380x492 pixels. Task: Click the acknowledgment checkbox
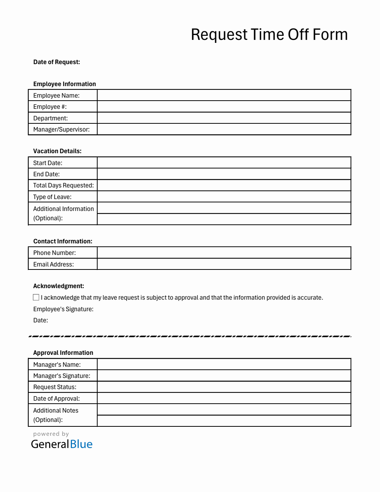(x=36, y=297)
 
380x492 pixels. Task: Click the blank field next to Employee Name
(x=224, y=95)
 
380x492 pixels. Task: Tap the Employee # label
(x=50, y=107)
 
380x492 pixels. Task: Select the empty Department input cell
(x=224, y=118)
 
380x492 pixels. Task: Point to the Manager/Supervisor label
(x=61, y=130)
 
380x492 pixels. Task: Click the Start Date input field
(x=224, y=163)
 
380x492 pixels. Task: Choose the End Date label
(x=46, y=174)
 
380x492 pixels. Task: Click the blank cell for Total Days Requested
(x=224, y=186)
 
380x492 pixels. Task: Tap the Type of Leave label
(x=52, y=197)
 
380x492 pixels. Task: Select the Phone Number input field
(x=224, y=253)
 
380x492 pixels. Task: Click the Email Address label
(x=53, y=265)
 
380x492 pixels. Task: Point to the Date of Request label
(x=57, y=62)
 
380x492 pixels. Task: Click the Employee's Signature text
(x=63, y=309)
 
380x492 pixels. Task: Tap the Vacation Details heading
(x=57, y=151)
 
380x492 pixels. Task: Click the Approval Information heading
(x=63, y=353)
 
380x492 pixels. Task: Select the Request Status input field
(x=224, y=387)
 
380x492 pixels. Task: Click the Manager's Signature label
(x=61, y=376)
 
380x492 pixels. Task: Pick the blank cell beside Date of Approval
(x=224, y=398)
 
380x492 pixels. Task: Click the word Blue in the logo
(x=81, y=444)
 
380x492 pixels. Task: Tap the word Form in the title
(x=330, y=35)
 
